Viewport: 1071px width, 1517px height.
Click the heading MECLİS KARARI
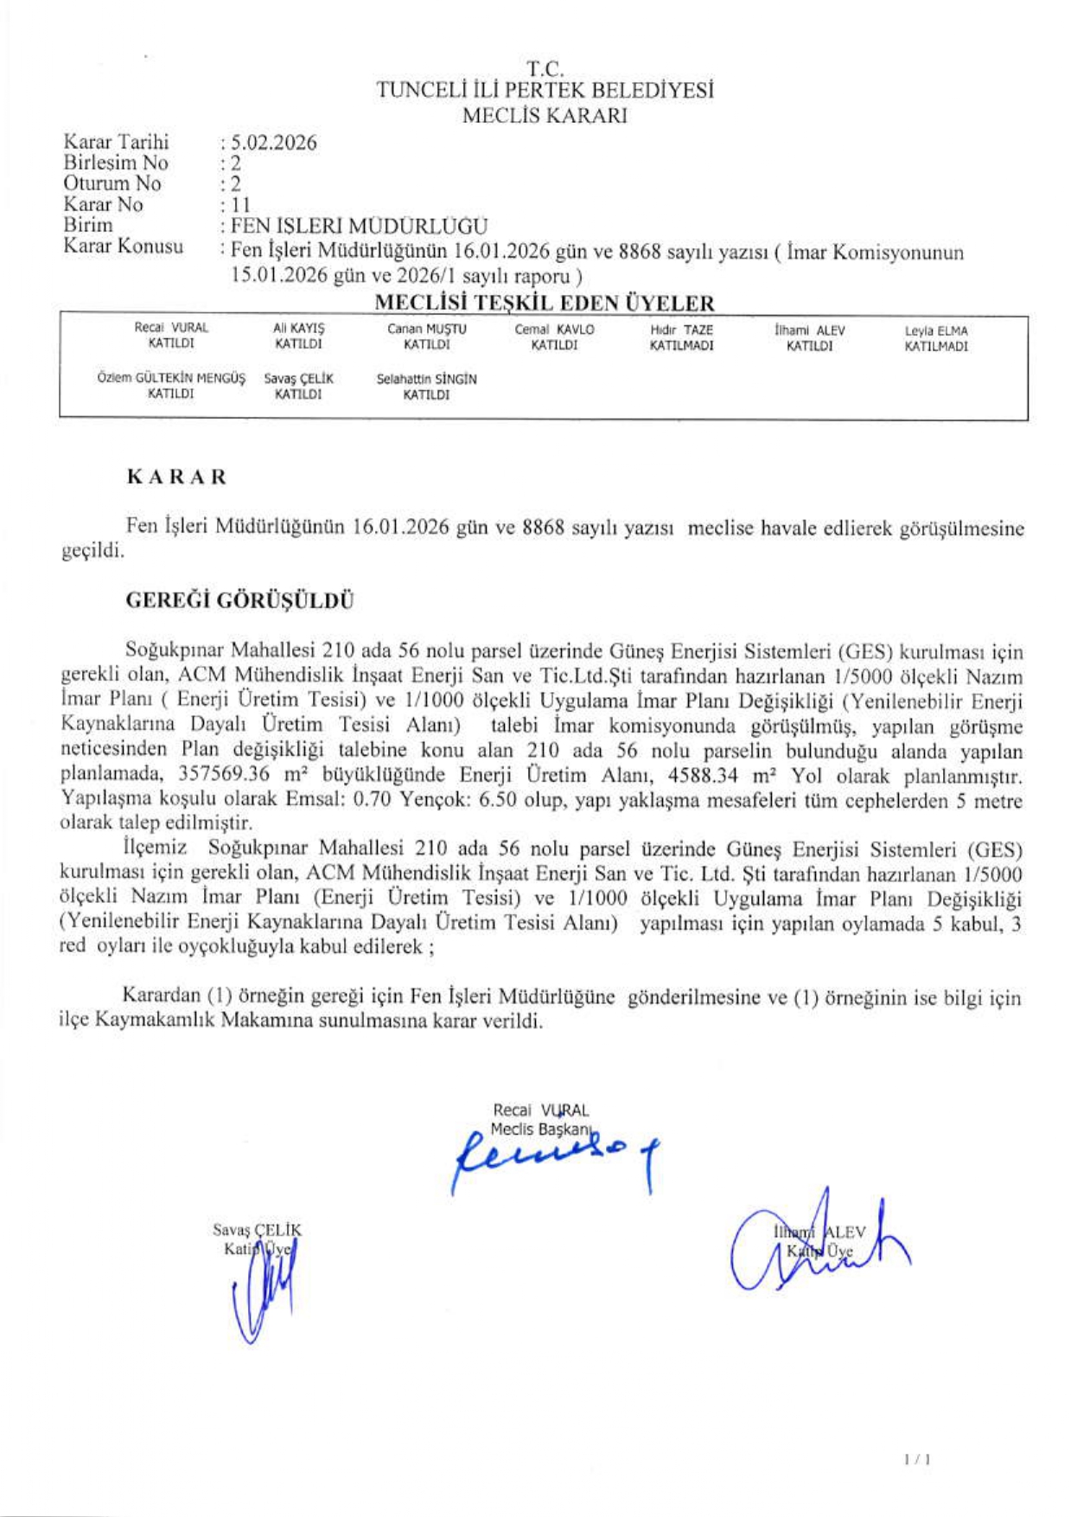pos(544,116)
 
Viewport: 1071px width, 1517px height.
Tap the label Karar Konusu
pos(124,246)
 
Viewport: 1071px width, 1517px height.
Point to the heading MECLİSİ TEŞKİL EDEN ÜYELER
pos(544,304)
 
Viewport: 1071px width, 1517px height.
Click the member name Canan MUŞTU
pos(426,330)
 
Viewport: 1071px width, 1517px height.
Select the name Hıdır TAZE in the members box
pos(681,330)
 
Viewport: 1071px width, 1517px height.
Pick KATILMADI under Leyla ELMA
pos(935,347)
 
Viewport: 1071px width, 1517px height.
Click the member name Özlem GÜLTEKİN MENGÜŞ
pos(171,379)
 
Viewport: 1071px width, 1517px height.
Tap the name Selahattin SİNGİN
pos(426,379)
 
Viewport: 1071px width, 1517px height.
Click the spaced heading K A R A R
pos(176,477)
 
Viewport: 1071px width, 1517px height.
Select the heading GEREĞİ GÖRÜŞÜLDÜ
pos(240,600)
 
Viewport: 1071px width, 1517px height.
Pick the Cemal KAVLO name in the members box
pos(554,330)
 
